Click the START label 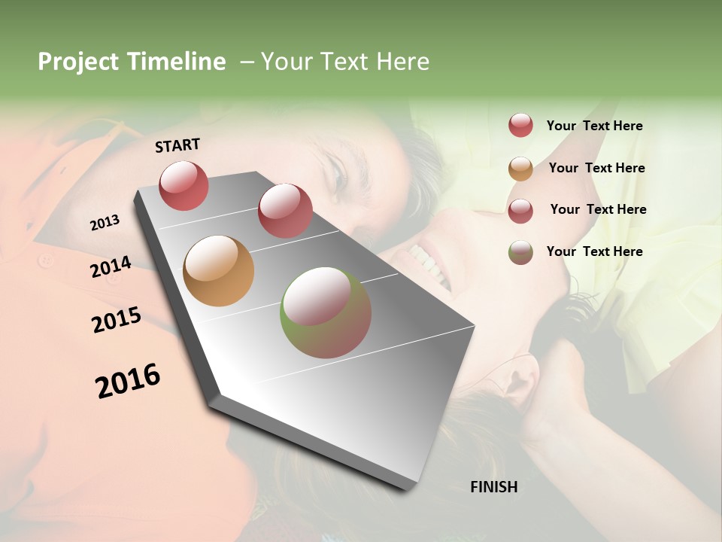coord(177,145)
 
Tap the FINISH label coord(493,487)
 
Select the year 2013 coord(105,223)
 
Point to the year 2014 coord(111,266)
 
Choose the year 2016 coord(128,381)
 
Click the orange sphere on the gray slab coord(218,271)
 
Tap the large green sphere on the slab coord(325,312)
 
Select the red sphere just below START coord(184,185)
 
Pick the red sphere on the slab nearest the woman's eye coord(284,210)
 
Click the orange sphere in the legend coord(520,169)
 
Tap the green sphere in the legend coord(520,252)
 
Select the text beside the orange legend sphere coord(596,168)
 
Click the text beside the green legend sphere coord(594,251)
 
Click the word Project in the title coord(79,62)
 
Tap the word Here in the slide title coord(402,62)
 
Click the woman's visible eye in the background coord(338,179)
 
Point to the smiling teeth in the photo coord(429,263)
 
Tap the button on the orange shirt coord(47,260)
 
